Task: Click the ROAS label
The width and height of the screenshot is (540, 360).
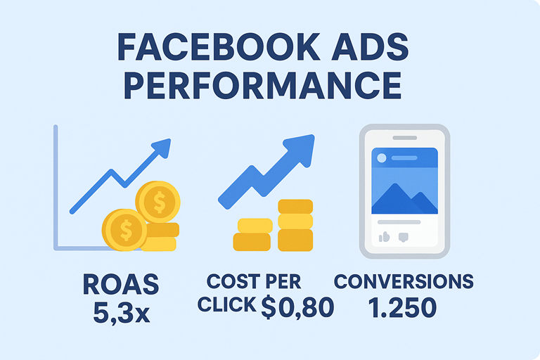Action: [x=121, y=285]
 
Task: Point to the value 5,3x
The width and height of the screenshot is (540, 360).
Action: [x=121, y=310]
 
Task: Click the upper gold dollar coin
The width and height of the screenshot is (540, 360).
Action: [x=158, y=202]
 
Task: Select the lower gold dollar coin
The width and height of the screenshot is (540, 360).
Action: [x=125, y=229]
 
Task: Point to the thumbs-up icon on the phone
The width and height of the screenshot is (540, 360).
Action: [x=384, y=237]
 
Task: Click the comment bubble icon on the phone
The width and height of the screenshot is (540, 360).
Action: [x=404, y=237]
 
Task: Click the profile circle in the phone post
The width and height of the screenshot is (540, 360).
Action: [x=381, y=158]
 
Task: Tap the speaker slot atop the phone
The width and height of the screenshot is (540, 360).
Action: [x=404, y=137]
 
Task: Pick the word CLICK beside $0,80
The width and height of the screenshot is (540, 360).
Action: [x=226, y=305]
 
